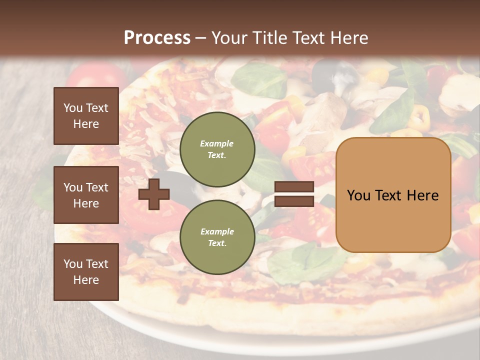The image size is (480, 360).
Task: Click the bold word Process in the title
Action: (157, 38)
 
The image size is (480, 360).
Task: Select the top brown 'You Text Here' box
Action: (86, 116)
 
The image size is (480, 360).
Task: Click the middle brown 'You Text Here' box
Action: (86, 195)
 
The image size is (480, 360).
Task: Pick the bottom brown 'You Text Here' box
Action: (86, 272)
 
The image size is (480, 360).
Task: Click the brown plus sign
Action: (154, 194)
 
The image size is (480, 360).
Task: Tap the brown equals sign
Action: (294, 194)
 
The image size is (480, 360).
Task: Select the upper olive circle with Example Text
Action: (217, 149)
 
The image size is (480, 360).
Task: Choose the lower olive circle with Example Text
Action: (217, 237)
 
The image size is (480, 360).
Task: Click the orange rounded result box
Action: (393, 195)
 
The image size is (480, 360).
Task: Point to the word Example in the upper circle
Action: (217, 143)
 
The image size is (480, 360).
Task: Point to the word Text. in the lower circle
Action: (217, 243)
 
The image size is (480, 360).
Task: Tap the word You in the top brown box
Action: (73, 108)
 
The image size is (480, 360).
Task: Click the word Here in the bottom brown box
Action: (86, 280)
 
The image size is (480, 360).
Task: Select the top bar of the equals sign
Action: (294, 187)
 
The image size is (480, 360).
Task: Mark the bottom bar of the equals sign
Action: (294, 201)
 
